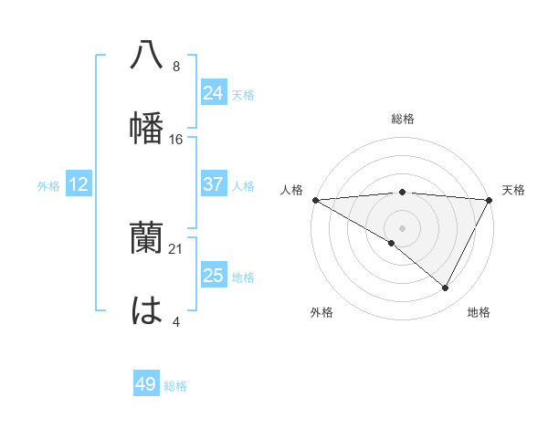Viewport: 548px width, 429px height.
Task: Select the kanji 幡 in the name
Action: pyautogui.click(x=147, y=126)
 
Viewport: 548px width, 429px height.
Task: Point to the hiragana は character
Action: pyautogui.click(x=147, y=310)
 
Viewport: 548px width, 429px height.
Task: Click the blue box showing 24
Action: pyautogui.click(x=213, y=93)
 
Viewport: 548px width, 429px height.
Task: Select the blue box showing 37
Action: pyautogui.click(x=213, y=184)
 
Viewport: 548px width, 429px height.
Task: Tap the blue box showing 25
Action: pyautogui.click(x=213, y=276)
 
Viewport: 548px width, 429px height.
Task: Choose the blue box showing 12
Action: pyautogui.click(x=79, y=184)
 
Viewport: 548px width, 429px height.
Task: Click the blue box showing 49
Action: pyautogui.click(x=146, y=384)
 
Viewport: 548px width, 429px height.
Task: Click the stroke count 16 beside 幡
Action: pyautogui.click(x=176, y=139)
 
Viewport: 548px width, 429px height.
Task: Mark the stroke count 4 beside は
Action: pyautogui.click(x=175, y=322)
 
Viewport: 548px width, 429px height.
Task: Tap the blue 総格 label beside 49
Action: pyautogui.click(x=175, y=386)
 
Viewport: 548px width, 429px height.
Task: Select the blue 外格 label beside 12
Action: pyautogui.click(x=48, y=186)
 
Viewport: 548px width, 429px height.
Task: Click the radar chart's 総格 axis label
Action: pyautogui.click(x=402, y=119)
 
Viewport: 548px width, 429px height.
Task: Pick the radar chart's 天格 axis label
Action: pyautogui.click(x=513, y=190)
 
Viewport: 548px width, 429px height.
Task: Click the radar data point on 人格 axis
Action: pyautogui.click(x=315, y=200)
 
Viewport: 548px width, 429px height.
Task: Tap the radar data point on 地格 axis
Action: pyautogui.click(x=446, y=288)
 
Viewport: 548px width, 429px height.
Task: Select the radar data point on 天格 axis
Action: pyautogui.click(x=490, y=200)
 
